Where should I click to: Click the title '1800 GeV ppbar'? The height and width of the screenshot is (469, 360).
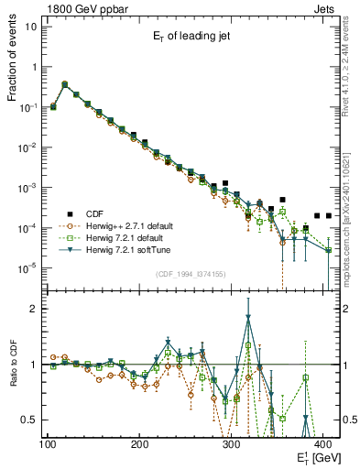(x=82, y=7)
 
